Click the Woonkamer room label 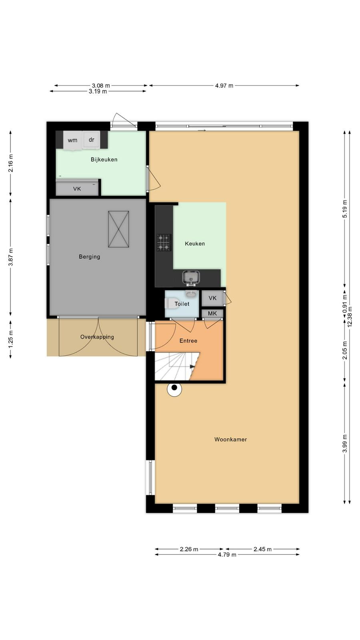pos(230,440)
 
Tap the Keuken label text pos(195,244)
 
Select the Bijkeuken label pos(104,160)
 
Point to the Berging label pos(90,256)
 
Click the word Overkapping pos(97,337)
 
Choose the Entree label pos(188,340)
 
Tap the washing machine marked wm pos(72,140)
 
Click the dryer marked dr pos(92,140)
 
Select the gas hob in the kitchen pos(164,242)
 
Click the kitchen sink pos(191,278)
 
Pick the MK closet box pos(212,314)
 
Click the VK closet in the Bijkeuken pos(77,188)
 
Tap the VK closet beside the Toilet pos(212,298)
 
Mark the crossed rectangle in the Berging pos(118,229)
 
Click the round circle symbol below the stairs pos(174,390)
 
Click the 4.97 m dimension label pos(224,86)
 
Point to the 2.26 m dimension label pos(189,549)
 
